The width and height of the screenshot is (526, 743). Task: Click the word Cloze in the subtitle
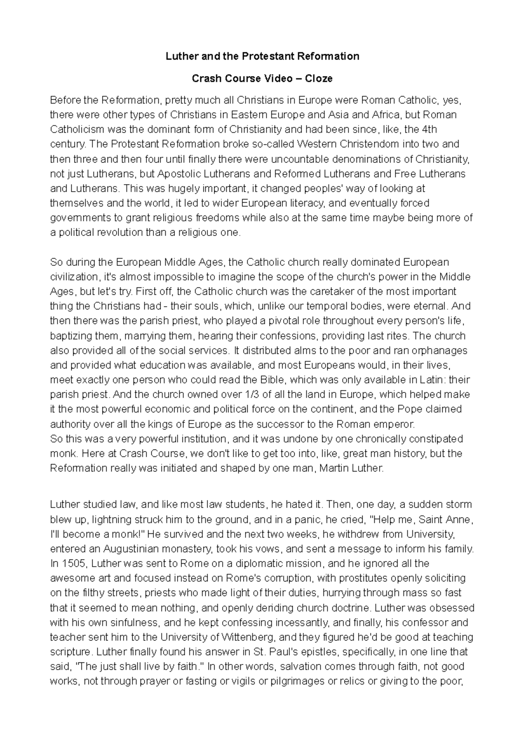(319, 79)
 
